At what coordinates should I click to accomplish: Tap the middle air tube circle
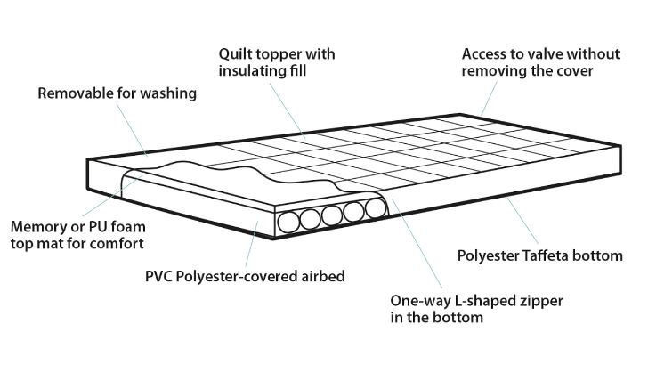click(333, 216)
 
